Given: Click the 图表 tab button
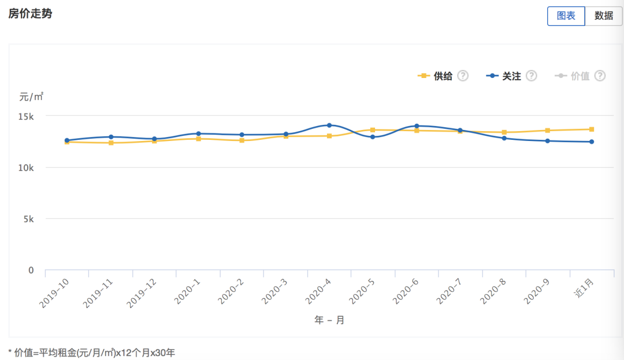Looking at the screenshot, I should (566, 16).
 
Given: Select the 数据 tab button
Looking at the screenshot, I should (604, 16).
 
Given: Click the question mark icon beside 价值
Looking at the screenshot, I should (600, 76).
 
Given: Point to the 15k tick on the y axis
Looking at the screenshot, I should (25, 116).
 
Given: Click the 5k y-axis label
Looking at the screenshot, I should (28, 219).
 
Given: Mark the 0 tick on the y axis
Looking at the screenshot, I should (31, 270).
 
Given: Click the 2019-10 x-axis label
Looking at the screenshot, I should (54, 292).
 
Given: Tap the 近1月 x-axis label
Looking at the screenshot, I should (584, 289).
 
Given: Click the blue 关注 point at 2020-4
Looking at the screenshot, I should (329, 125).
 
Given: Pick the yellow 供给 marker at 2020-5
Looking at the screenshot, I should (373, 130).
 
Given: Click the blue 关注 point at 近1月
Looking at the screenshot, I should (592, 142).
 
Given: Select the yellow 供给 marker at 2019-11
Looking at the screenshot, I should (111, 143).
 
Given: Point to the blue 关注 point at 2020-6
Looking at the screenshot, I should (417, 126).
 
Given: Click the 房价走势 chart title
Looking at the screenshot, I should (30, 13).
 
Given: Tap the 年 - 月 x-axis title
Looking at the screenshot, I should (329, 320).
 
